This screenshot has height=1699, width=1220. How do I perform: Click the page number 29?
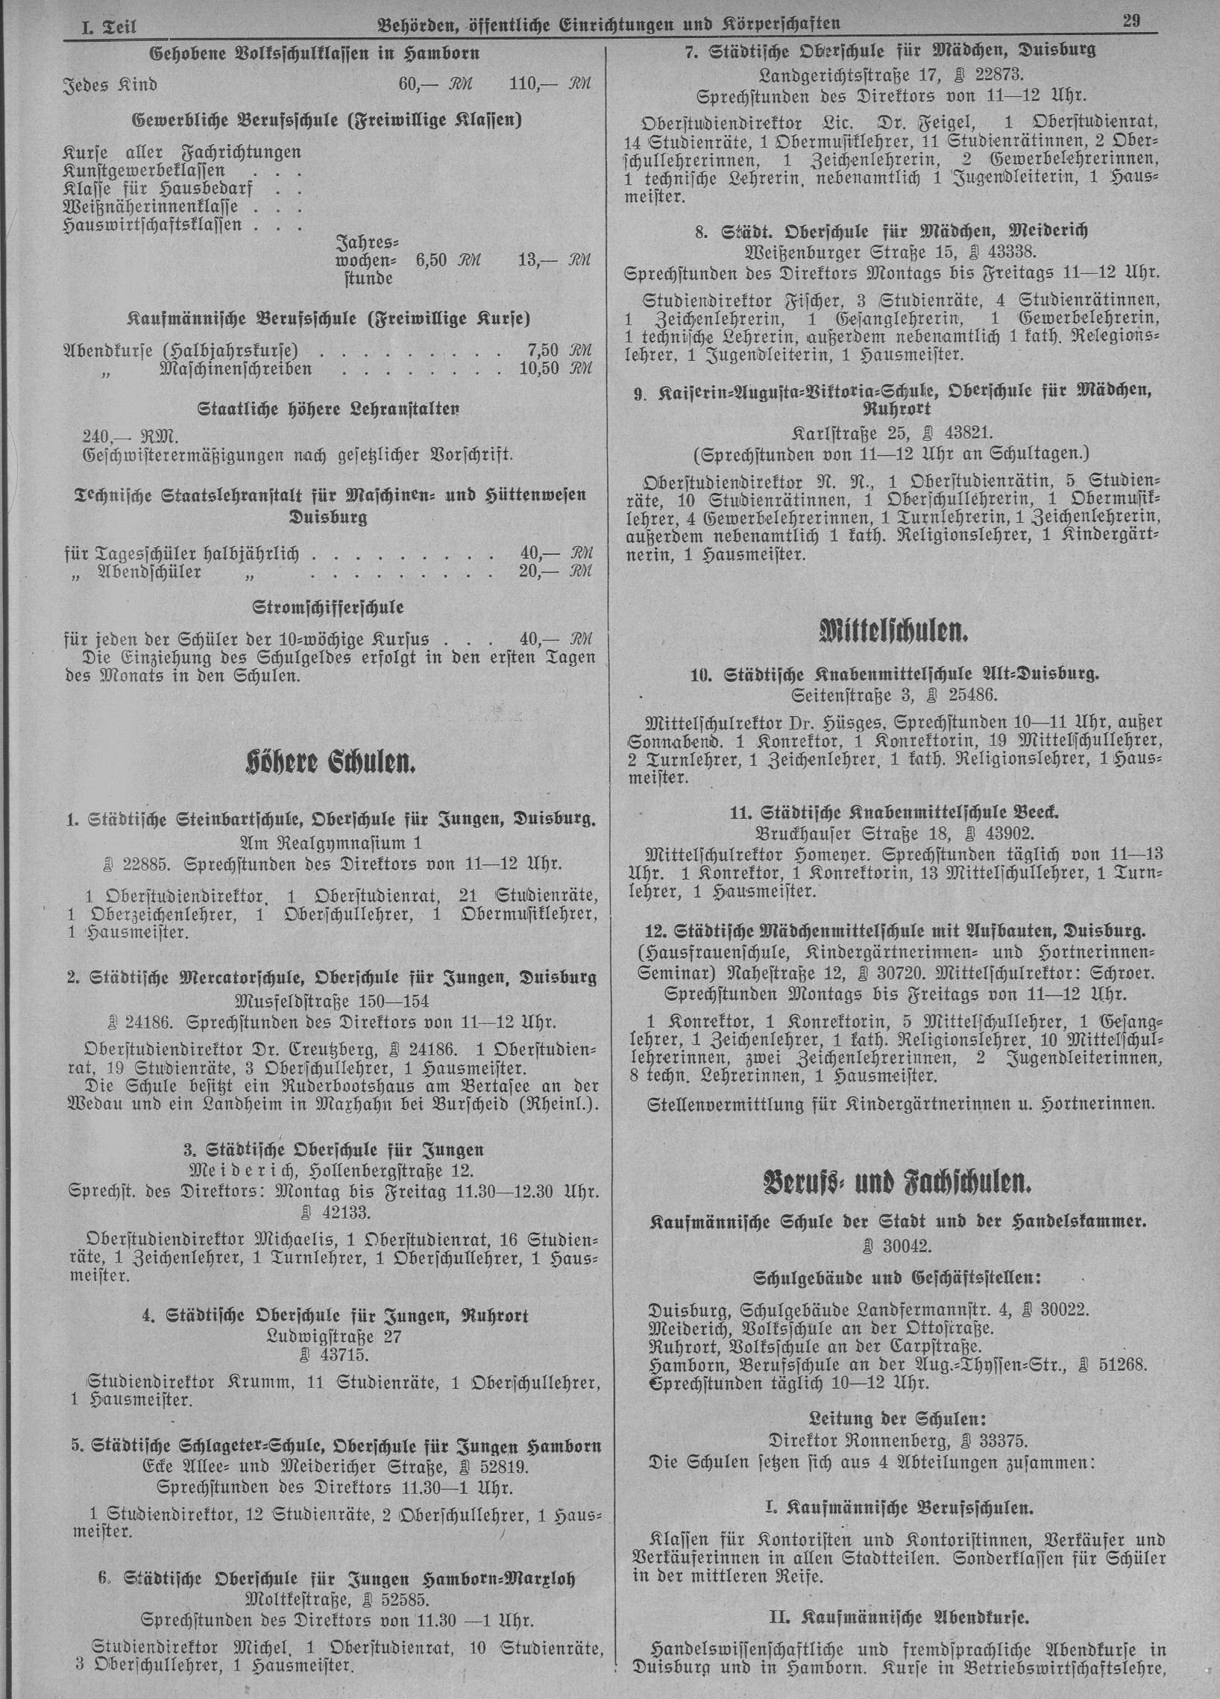coord(1130,22)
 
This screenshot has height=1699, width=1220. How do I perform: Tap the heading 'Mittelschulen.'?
coord(894,632)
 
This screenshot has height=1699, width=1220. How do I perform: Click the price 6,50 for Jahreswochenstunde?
coord(430,260)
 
